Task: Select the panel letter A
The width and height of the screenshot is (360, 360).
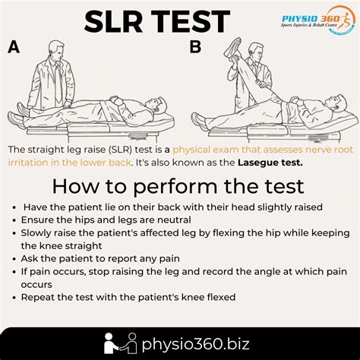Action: (13, 48)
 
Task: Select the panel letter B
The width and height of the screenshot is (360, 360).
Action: (195, 47)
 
